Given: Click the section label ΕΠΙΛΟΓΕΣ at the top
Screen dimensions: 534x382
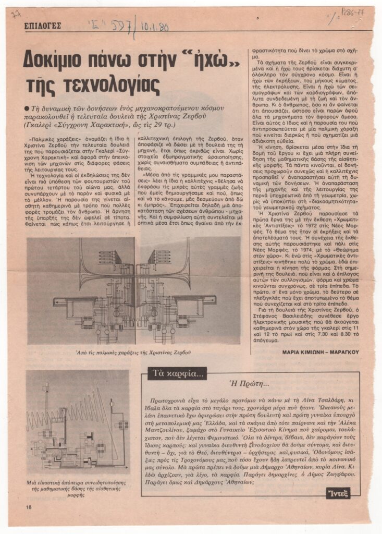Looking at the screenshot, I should (x=43, y=25).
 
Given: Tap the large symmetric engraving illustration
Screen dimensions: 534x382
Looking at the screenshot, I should (x=134, y=290).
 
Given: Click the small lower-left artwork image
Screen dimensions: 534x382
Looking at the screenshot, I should (x=77, y=421).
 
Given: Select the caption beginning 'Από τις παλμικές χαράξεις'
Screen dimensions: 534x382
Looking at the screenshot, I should (x=133, y=353).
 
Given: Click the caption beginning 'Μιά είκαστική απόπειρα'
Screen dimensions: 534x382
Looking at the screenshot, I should (x=78, y=489).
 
